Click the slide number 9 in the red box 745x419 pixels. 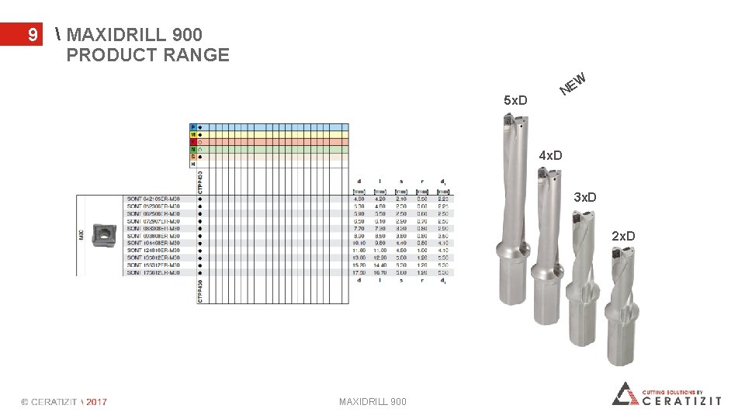[x=32, y=35]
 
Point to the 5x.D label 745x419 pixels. [x=515, y=101]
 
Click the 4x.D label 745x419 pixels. [x=550, y=157]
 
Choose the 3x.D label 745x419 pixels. [x=585, y=197]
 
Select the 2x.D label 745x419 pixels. [x=622, y=236]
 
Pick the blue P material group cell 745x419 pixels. [x=194, y=126]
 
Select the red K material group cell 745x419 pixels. [x=194, y=142]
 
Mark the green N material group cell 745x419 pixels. [x=194, y=149]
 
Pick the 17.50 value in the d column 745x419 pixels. [x=359, y=272]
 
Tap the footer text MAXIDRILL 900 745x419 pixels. [x=372, y=401]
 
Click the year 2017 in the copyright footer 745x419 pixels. [x=96, y=402]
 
